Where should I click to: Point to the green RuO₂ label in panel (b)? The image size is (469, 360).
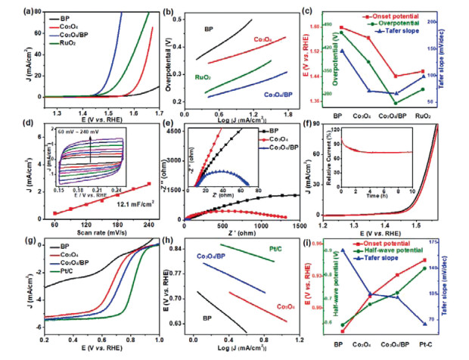tap(202, 77)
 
